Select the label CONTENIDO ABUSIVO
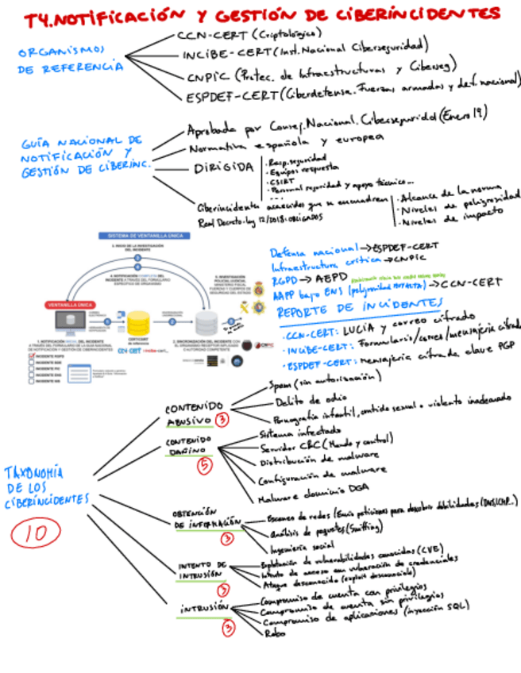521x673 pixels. (x=187, y=412)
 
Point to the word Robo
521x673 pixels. (x=274, y=633)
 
